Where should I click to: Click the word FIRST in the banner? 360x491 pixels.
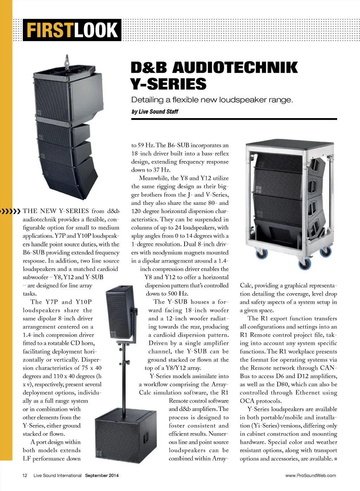pos(49,30)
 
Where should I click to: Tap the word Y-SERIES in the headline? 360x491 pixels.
pos(168,84)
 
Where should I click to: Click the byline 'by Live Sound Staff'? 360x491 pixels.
pos(155,112)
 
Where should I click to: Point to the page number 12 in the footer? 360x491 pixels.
pos(25,476)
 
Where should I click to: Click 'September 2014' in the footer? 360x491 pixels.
pos(102,476)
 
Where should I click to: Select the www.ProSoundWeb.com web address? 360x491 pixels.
pos(310,476)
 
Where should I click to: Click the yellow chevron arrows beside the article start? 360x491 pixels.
pos(11,211)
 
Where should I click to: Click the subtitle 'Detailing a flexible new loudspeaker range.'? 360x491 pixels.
pos(212,100)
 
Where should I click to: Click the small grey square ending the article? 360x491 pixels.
pos(335,459)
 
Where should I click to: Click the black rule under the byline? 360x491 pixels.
pos(234,119)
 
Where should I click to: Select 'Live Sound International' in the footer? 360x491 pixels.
pos(57,476)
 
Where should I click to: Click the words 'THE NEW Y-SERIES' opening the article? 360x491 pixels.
pos(56,211)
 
